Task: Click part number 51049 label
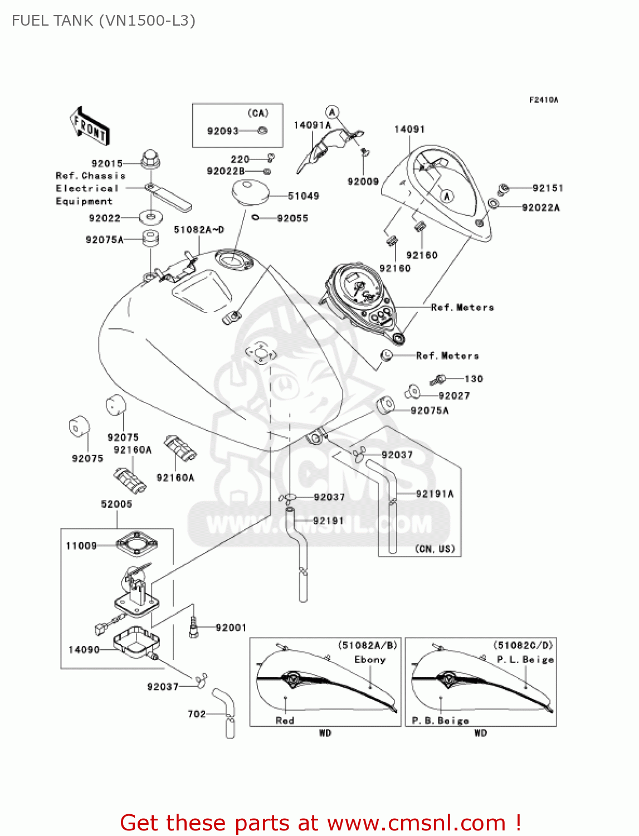(304, 196)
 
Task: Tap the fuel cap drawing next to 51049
(250, 191)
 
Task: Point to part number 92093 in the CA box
(223, 131)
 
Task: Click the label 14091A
(312, 125)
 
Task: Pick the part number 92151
(548, 188)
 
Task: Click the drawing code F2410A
(543, 100)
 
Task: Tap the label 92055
(292, 218)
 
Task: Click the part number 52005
(116, 504)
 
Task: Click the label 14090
(84, 650)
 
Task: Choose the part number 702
(197, 714)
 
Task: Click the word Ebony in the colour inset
(370, 660)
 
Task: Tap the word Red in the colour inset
(285, 721)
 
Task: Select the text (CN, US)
(435, 549)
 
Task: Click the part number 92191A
(435, 494)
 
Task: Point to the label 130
(474, 379)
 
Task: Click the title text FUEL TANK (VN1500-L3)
(104, 21)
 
